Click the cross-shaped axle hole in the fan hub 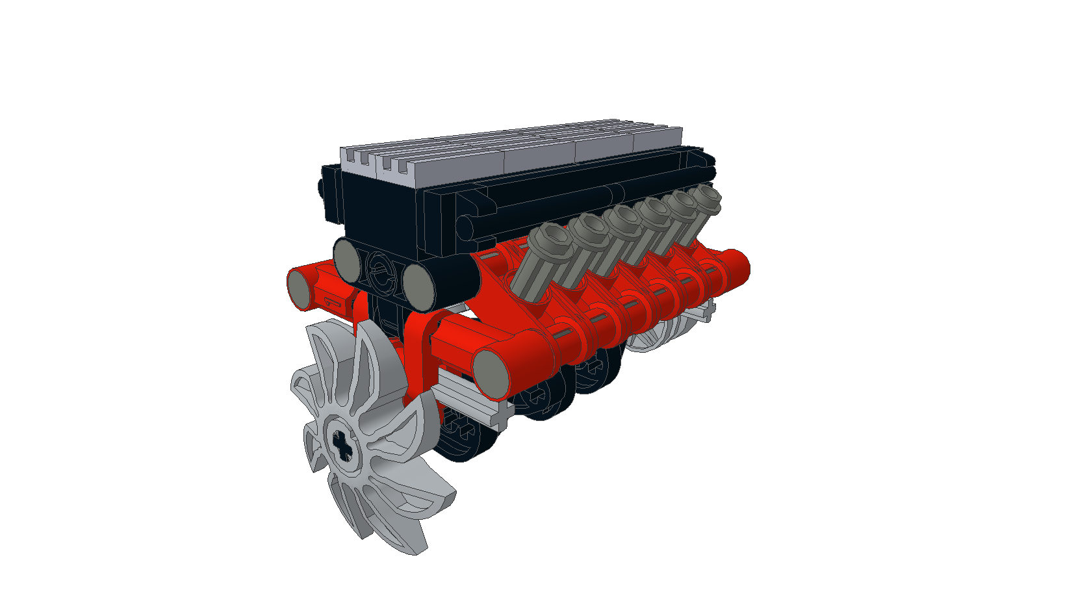pyautogui.click(x=342, y=444)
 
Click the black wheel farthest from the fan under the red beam pyautogui.click(x=595, y=370)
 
